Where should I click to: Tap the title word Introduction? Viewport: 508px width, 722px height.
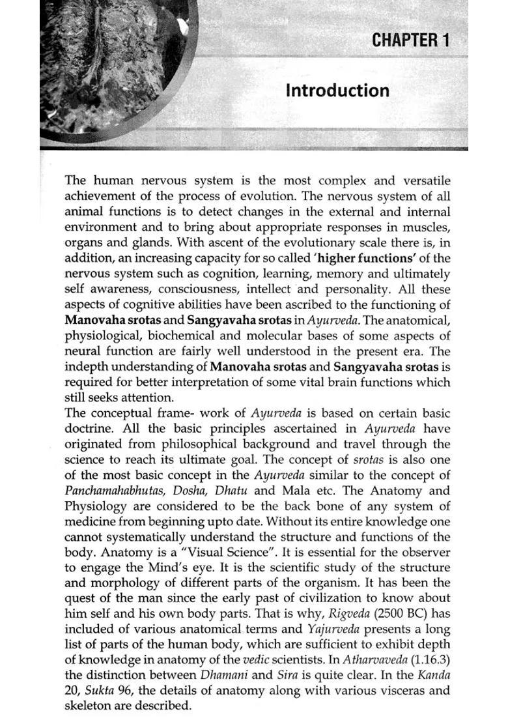(x=337, y=90)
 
